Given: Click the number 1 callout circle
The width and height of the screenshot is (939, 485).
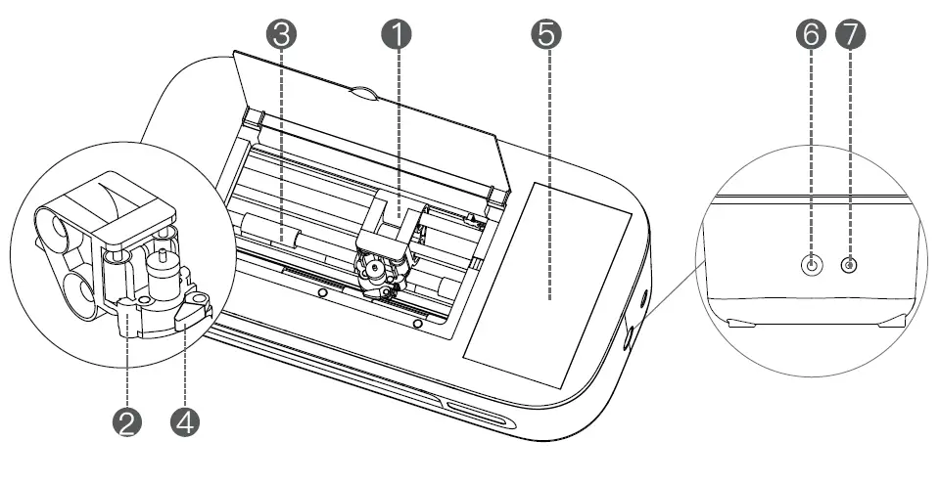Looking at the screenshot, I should click(397, 33).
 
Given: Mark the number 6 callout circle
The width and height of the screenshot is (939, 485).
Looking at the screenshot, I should click(812, 33).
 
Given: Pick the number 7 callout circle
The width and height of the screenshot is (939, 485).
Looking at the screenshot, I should click(849, 33).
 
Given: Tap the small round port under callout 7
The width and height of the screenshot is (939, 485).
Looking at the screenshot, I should click(849, 266).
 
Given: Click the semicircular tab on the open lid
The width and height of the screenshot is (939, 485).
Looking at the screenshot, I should click(363, 94).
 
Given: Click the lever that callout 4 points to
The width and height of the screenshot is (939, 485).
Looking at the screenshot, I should click(193, 311).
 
